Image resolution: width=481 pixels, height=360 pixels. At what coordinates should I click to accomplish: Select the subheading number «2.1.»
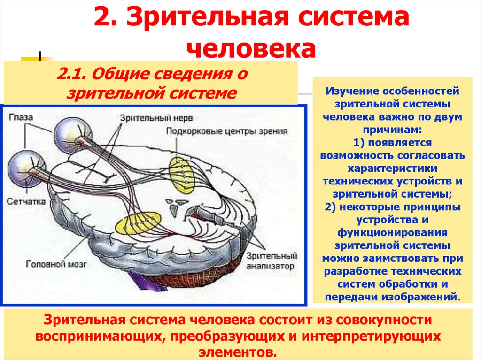click(72, 74)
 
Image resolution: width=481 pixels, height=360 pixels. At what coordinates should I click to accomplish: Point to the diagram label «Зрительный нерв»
click(156, 117)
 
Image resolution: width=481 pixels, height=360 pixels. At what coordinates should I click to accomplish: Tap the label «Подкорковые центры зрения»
click(226, 131)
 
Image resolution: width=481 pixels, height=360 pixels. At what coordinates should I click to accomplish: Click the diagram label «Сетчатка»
click(26, 201)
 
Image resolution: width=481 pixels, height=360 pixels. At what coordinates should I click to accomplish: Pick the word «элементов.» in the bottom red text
click(240, 352)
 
